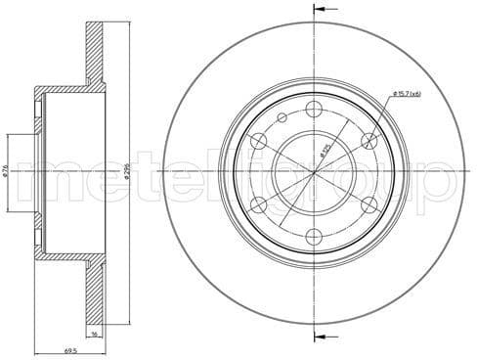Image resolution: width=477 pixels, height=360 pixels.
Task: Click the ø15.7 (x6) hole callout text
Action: [x=407, y=93]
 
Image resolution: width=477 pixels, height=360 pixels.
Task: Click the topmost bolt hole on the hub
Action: [x=314, y=109]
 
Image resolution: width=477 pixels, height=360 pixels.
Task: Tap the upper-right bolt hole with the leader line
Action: [x=369, y=141]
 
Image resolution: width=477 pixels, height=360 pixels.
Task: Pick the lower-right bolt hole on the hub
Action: [x=369, y=204]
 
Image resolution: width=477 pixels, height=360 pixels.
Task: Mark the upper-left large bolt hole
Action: [x=258, y=141]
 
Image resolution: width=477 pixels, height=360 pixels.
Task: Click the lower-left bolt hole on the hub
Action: [x=258, y=204]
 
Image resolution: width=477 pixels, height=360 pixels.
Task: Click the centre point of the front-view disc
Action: [x=314, y=172]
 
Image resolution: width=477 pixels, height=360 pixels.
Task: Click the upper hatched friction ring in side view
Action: [x=95, y=54]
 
